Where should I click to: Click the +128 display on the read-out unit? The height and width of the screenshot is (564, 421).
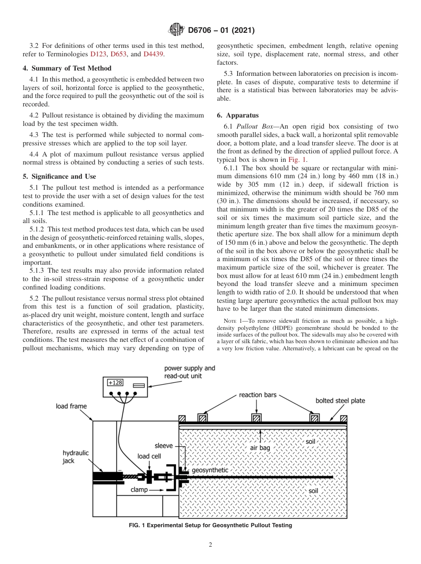(115, 383)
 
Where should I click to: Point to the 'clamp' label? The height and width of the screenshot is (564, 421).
(139, 490)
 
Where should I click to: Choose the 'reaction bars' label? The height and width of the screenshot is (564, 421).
(257, 395)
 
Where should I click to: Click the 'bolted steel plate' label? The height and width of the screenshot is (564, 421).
(340, 400)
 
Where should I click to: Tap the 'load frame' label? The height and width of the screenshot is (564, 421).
(71, 406)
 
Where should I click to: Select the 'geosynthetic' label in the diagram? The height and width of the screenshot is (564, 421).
(210, 470)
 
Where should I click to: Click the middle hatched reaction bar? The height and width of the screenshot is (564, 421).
(257, 418)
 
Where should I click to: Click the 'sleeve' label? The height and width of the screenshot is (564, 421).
(164, 446)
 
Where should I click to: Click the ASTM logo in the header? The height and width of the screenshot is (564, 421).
(176, 30)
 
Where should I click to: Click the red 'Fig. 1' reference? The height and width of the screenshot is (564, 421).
(297, 160)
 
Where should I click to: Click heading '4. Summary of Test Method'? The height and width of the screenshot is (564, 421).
(67, 68)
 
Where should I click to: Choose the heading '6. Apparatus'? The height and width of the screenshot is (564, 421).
(238, 115)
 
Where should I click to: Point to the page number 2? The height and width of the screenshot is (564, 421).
(210, 545)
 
